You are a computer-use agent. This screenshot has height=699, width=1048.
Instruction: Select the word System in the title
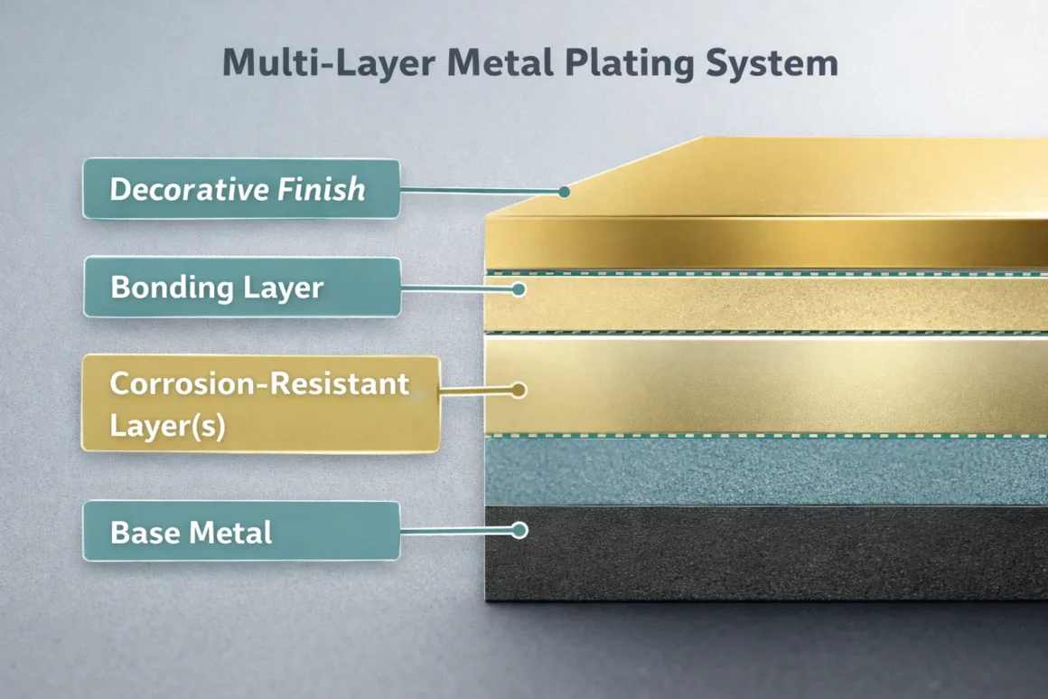pyautogui.click(x=778, y=64)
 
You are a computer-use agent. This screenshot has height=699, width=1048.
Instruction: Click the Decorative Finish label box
pyautogui.click(x=240, y=189)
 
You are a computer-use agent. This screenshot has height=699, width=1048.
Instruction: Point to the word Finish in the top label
pyautogui.click(x=321, y=189)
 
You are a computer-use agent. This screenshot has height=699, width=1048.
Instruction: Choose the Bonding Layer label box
pyautogui.click(x=240, y=288)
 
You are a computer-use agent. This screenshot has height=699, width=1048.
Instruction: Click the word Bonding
pyautogui.click(x=168, y=288)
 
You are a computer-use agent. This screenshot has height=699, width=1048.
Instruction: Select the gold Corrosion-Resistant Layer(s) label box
pyautogui.click(x=259, y=403)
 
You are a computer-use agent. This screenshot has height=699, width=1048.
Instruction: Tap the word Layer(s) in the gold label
pyautogui.click(x=167, y=425)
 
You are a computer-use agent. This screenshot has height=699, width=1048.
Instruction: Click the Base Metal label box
pyautogui.click(x=240, y=532)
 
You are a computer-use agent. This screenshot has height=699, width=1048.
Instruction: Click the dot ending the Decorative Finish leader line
pyautogui.click(x=564, y=192)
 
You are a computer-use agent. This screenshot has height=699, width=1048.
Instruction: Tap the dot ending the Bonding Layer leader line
pyautogui.click(x=519, y=289)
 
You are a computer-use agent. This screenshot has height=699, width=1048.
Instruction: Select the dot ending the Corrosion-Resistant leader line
pyautogui.click(x=518, y=391)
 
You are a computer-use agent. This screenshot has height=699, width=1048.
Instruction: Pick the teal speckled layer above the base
pyautogui.click(x=768, y=470)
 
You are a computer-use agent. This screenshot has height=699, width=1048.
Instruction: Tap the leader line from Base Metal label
pyautogui.click(x=456, y=531)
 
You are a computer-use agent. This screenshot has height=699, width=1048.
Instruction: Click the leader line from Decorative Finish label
pyautogui.click(x=479, y=190)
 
